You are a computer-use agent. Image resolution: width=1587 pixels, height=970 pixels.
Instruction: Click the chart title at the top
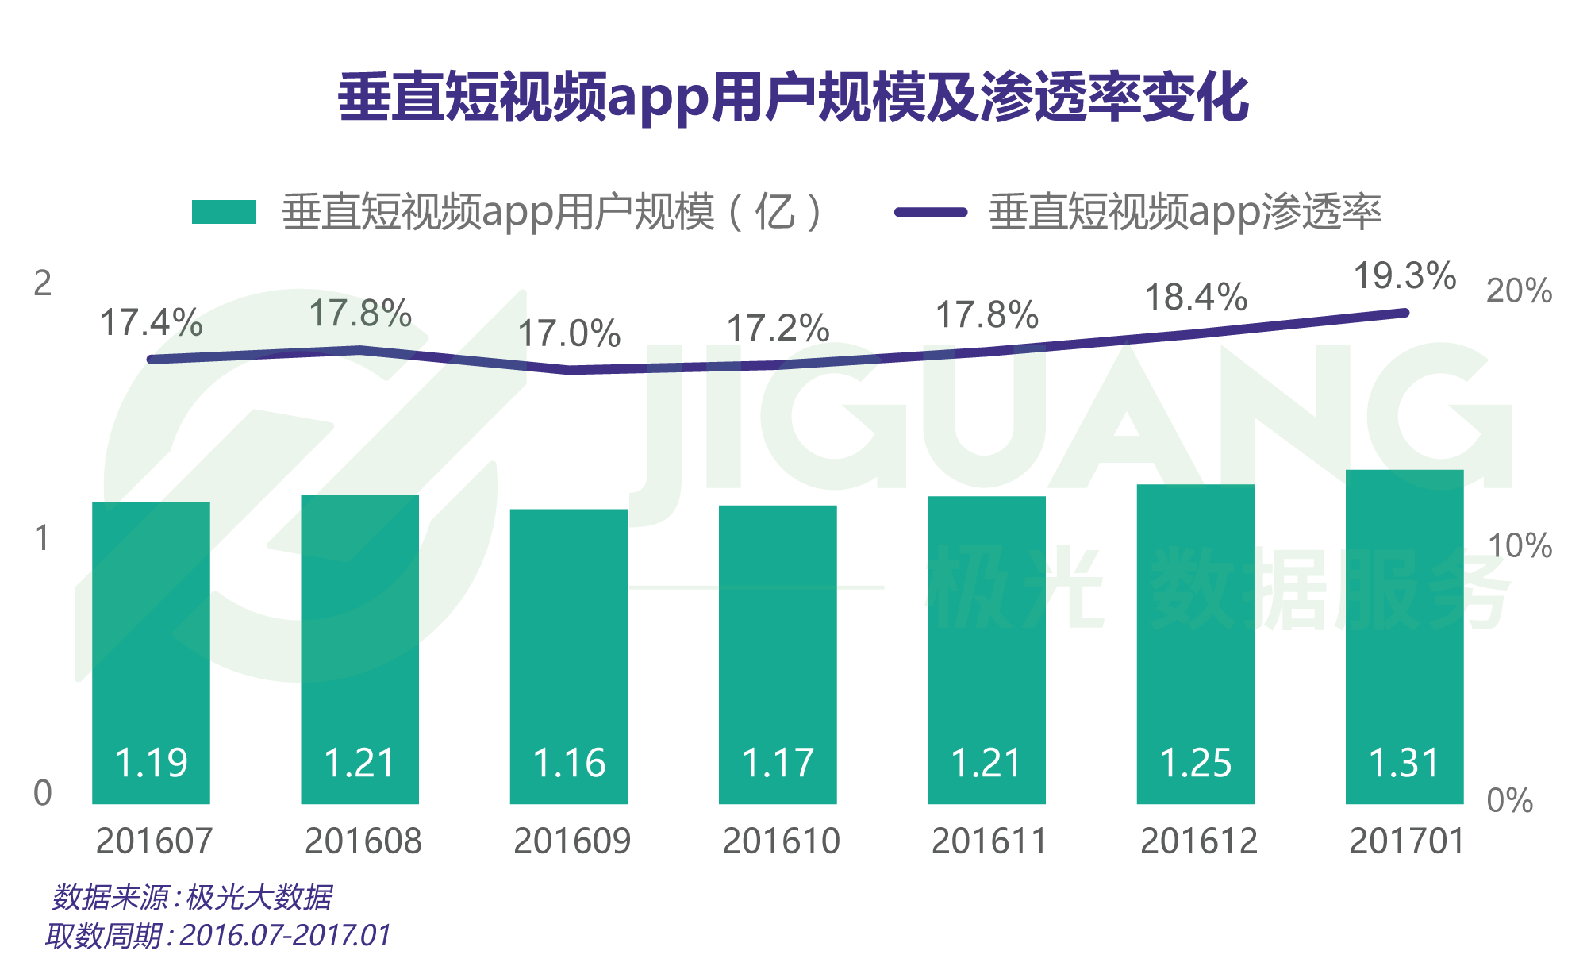pos(793,98)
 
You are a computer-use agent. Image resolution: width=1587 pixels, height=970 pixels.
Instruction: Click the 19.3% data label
pos(1404,276)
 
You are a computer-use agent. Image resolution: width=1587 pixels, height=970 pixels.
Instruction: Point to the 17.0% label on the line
pos(568,333)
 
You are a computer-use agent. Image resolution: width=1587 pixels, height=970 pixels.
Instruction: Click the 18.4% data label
pos(1195,298)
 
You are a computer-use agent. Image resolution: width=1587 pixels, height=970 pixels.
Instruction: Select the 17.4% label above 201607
pos(151,323)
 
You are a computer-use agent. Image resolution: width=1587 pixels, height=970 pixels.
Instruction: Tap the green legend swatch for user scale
pos(224,212)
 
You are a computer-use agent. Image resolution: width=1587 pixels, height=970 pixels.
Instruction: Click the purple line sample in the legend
pos(930,212)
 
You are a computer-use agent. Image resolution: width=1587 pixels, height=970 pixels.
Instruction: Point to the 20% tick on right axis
pos(1519,291)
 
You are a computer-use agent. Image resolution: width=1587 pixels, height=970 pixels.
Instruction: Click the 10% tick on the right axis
pos(1519,546)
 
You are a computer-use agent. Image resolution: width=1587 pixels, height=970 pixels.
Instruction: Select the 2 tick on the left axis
pos(42,283)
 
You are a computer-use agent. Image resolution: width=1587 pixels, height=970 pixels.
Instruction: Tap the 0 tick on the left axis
pos(42,793)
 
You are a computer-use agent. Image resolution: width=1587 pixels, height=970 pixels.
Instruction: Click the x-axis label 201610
pos(781,841)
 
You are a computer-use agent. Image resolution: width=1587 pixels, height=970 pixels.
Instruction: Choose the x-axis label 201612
pos(1198,841)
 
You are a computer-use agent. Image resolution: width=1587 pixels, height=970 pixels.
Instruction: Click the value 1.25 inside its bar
pos(1195,764)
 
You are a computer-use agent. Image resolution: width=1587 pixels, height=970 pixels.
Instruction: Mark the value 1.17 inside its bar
pos(778,764)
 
